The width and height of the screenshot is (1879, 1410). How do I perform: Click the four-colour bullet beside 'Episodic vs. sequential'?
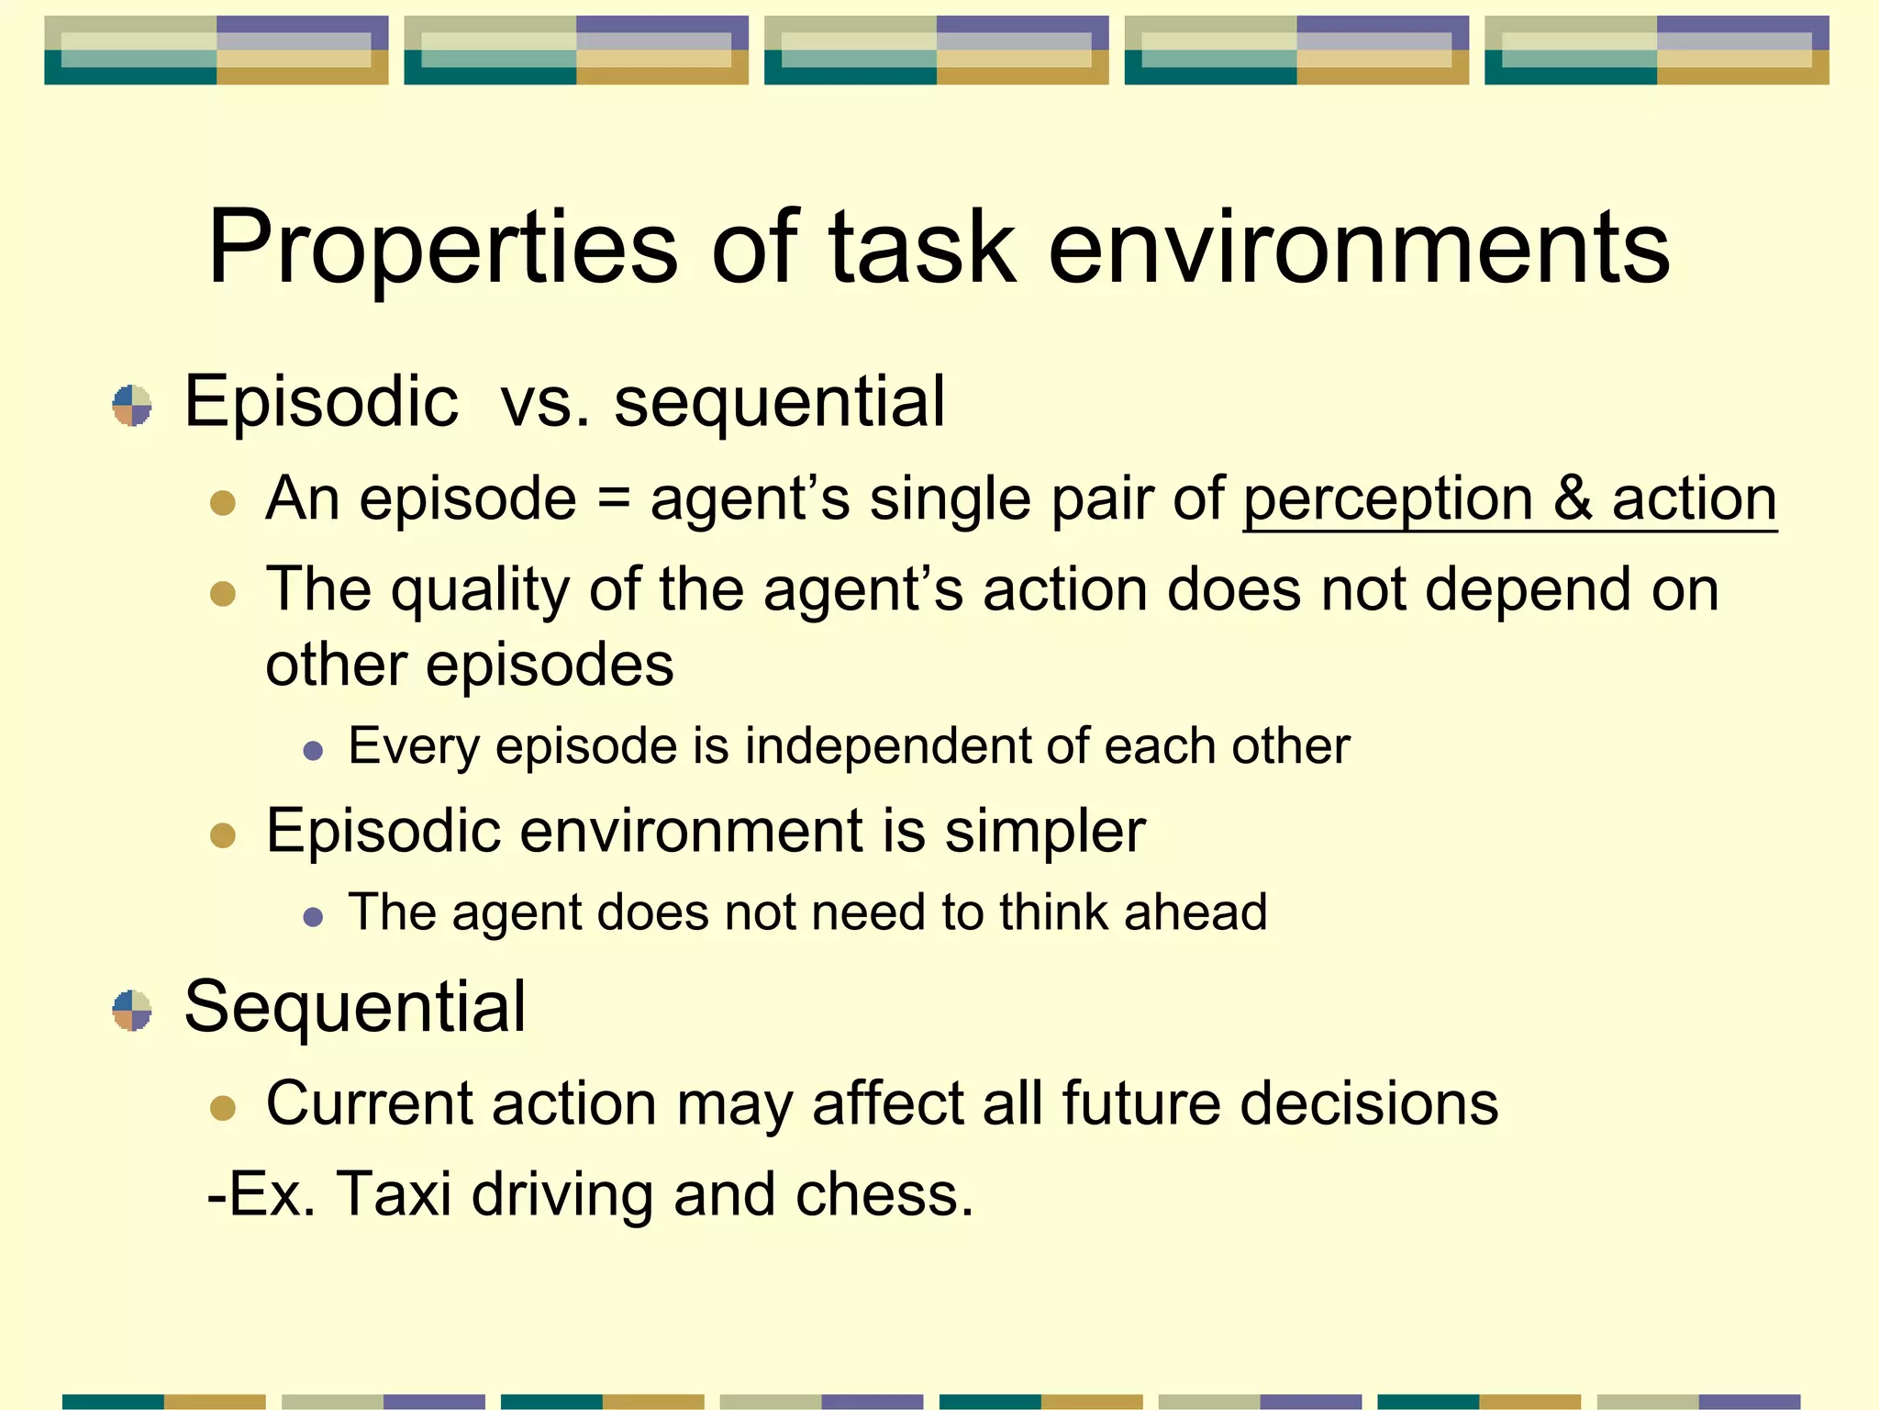pyautogui.click(x=132, y=406)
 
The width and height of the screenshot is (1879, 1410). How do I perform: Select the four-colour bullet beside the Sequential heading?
pyautogui.click(x=132, y=1010)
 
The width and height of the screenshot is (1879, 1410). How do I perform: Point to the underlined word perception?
pyautogui.click(x=1387, y=501)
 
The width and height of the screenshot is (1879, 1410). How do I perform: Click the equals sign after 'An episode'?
pyautogui.click(x=613, y=501)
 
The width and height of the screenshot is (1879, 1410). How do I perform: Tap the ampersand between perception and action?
pyautogui.click(x=1573, y=501)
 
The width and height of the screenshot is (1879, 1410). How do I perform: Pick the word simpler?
pyautogui.click(x=1045, y=832)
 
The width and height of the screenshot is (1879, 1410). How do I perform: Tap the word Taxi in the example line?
pyautogui.click(x=395, y=1194)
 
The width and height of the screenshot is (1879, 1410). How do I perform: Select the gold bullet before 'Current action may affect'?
pyautogui.click(x=223, y=1107)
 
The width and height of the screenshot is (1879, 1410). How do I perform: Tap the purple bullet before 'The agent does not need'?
pyautogui.click(x=313, y=916)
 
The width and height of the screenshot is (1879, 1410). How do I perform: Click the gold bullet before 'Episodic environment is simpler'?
pyautogui.click(x=223, y=835)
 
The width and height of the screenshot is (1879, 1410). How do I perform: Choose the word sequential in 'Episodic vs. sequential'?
pyautogui.click(x=779, y=403)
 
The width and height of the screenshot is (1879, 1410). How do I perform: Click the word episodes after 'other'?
pyautogui.click(x=550, y=666)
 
